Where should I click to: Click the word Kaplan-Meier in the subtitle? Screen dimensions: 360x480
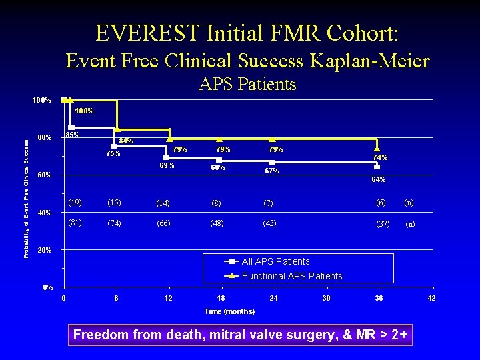[x=370, y=61]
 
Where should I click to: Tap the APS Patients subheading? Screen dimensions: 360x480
[x=247, y=84]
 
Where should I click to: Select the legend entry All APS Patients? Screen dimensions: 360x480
[x=275, y=261]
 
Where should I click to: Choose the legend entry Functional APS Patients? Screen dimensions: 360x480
[x=291, y=276]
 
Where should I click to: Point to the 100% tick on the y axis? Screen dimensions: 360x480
[x=42, y=100]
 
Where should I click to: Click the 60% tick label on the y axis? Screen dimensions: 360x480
[x=44, y=175]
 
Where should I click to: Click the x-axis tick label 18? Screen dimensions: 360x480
[x=221, y=298]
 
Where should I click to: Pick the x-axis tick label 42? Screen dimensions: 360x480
[x=431, y=298]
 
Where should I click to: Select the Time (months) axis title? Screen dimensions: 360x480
[x=229, y=311]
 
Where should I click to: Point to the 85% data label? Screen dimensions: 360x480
[x=73, y=135]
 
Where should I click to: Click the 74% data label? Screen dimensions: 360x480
[x=380, y=157]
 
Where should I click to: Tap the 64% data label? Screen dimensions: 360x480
[x=378, y=179]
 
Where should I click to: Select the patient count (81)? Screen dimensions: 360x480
[x=75, y=223]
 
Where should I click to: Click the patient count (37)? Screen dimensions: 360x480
[x=383, y=224]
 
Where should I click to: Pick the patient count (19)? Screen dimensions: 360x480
[x=75, y=202]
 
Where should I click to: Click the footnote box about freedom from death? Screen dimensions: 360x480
[x=239, y=335]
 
